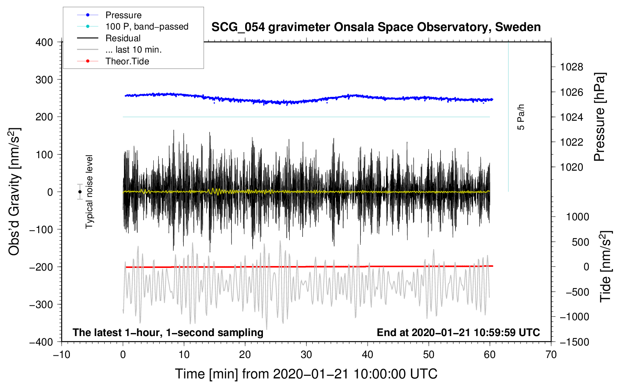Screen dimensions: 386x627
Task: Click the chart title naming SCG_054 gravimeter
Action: pyautogui.click(x=376, y=27)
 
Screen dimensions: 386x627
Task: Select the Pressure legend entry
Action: pyautogui.click(x=123, y=15)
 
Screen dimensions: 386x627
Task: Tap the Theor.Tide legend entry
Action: pyautogui.click(x=127, y=61)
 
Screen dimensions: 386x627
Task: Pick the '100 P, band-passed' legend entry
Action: pyautogui.click(x=147, y=26)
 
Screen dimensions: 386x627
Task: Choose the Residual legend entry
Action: pyautogui.click(x=123, y=38)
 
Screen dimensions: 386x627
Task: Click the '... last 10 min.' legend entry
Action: pyautogui.click(x=133, y=50)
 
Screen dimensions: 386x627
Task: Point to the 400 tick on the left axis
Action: pyautogui.click(x=44, y=42)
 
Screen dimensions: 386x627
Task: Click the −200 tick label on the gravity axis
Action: pyautogui.click(x=42, y=267)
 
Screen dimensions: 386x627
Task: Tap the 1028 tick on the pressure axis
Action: pyautogui.click(x=571, y=67)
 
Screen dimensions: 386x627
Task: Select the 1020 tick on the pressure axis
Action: pyautogui.click(x=571, y=167)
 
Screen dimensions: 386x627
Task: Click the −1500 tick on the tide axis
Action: pyautogui.click(x=574, y=342)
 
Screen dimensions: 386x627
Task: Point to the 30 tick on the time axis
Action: pyautogui.click(x=306, y=355)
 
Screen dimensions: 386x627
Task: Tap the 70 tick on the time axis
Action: pyautogui.click(x=551, y=355)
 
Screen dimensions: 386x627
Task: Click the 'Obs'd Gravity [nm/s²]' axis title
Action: pyautogui.click(x=14, y=191)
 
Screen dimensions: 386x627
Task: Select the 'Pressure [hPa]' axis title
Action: pyautogui.click(x=599, y=117)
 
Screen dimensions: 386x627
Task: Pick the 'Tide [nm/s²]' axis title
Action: pyautogui.click(x=605, y=266)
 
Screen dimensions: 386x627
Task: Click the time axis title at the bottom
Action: pyautogui.click(x=306, y=374)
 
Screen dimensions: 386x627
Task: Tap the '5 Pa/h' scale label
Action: pyautogui.click(x=521, y=117)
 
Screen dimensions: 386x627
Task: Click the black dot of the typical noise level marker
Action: pyautogui.click(x=80, y=192)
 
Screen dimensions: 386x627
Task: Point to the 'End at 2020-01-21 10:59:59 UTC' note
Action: pyautogui.click(x=458, y=332)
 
